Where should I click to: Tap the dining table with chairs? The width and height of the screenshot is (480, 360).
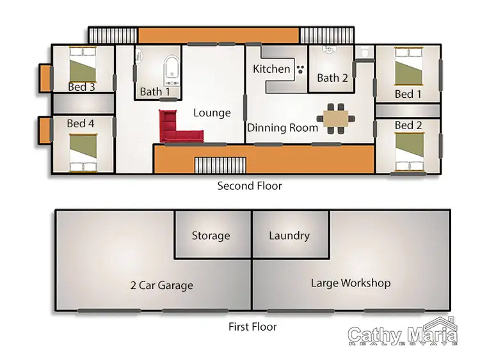[336, 118]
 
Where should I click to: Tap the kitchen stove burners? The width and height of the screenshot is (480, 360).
[300, 70]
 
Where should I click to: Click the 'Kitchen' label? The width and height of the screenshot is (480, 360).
[272, 69]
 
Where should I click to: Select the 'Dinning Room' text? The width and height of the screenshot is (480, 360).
[283, 128]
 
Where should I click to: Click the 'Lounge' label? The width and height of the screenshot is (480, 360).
[212, 113]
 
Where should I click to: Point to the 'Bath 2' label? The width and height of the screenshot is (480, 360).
[332, 78]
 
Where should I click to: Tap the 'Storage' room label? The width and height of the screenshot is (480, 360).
[211, 236]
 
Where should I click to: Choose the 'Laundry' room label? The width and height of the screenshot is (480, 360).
[289, 236]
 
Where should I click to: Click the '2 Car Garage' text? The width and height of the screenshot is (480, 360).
[161, 285]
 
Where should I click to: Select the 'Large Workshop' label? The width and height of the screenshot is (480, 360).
[350, 283]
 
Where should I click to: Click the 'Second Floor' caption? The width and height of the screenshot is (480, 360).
[250, 186]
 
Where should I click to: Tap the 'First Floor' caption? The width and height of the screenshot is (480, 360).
[253, 327]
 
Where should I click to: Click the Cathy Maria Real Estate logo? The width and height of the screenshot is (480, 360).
[403, 333]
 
